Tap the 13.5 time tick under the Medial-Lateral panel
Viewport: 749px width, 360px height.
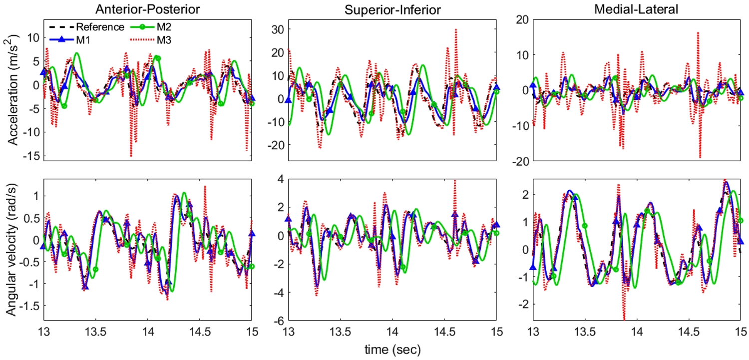point(585,331)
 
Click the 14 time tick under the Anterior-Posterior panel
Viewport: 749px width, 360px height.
point(148,331)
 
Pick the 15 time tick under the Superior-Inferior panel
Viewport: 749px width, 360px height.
point(496,331)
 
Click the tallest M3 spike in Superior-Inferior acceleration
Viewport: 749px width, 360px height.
point(456,30)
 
